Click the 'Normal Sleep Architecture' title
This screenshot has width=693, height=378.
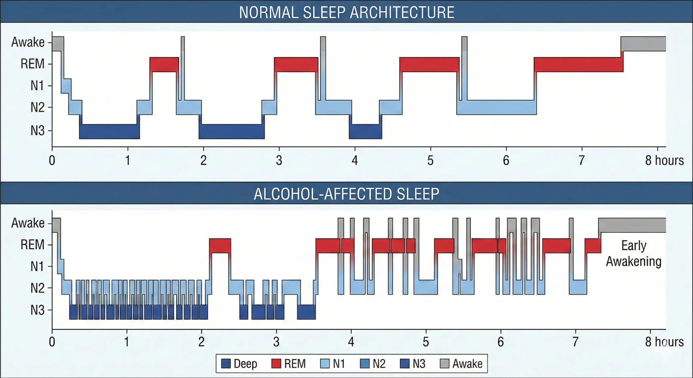tap(346, 12)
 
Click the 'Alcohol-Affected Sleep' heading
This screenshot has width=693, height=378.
tap(346, 194)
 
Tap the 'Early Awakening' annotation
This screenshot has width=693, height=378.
tap(633, 253)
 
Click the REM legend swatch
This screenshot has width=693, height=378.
tap(276, 364)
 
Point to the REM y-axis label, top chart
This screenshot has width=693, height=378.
tap(32, 64)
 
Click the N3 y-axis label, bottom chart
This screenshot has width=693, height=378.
tap(37, 310)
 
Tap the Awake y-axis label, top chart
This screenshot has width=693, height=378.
tap(28, 43)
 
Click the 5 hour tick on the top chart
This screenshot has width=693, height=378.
tap(430, 160)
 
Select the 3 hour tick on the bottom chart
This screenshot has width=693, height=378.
tap(276, 342)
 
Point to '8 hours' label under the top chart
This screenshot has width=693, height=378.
tap(664, 160)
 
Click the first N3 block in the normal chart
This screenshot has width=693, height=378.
tap(110, 132)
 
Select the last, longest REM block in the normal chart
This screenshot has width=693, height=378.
tap(578, 64)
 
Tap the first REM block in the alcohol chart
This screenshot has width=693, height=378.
tap(220, 246)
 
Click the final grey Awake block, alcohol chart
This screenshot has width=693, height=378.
tap(632, 225)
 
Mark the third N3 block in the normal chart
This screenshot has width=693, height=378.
tap(365, 132)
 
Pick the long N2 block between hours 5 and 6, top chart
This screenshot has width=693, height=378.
tap(496, 107)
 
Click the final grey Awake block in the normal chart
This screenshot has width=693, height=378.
tap(643, 44)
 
